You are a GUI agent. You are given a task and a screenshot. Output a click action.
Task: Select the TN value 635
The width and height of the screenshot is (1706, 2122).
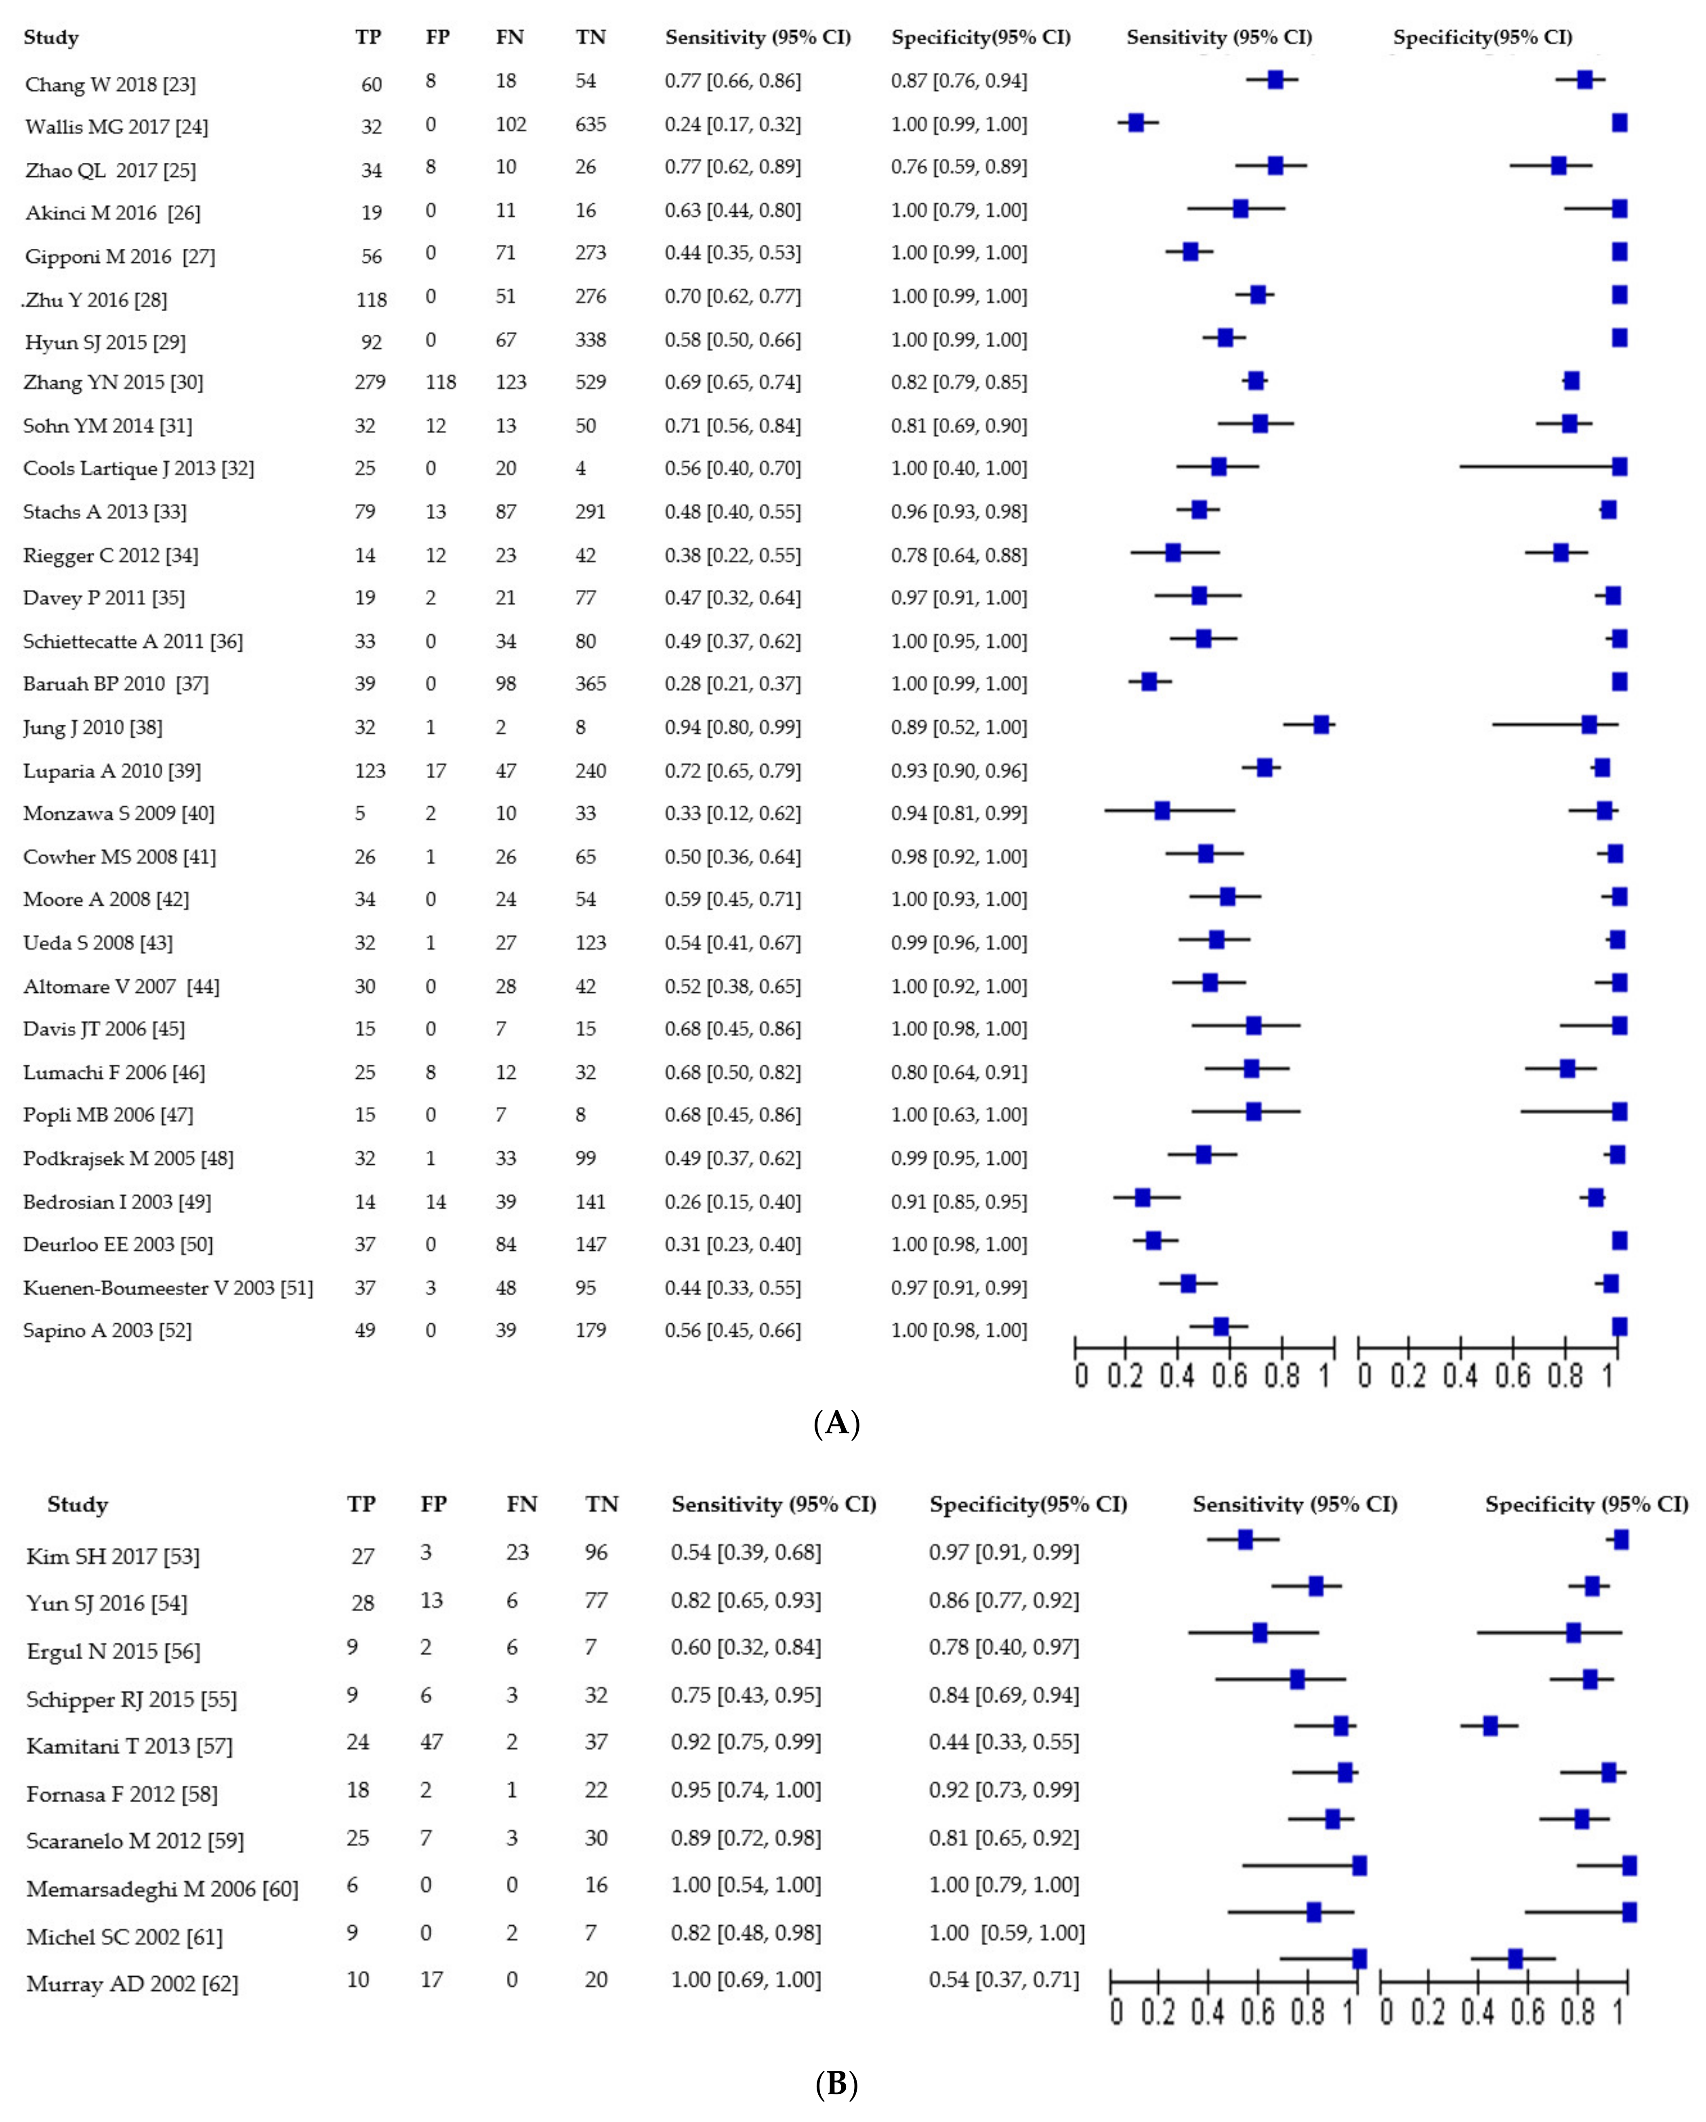590,124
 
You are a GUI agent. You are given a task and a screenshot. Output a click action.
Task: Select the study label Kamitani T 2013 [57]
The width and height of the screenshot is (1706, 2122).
129,1746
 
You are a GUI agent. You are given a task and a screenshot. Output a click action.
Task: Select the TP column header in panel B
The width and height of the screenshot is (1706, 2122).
361,1504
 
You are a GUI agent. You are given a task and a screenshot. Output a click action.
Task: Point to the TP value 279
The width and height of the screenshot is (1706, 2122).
370,382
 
